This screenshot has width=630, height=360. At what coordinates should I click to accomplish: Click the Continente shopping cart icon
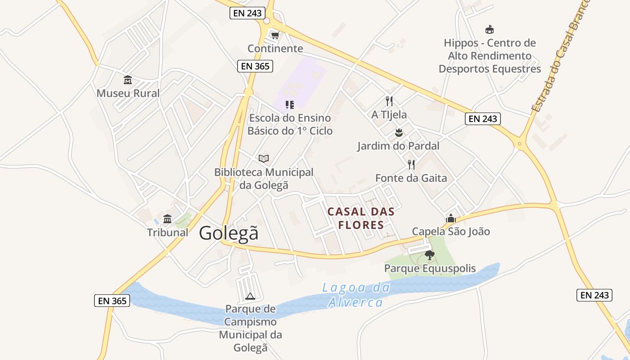275,35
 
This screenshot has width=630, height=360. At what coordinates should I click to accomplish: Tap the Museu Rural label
128,93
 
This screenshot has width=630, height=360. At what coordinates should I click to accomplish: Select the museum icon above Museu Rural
128,80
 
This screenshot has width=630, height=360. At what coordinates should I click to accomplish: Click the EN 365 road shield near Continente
255,66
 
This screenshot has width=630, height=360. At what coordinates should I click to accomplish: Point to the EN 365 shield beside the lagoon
112,301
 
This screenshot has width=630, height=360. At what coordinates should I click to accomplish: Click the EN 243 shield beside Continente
247,13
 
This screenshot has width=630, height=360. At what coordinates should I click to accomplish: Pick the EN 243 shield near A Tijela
482,119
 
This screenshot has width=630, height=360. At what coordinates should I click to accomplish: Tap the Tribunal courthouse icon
167,219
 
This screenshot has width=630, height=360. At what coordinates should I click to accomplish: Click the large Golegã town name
229,233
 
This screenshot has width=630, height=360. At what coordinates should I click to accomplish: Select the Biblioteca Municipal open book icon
264,158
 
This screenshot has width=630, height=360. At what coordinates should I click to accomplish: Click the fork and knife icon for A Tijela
389,101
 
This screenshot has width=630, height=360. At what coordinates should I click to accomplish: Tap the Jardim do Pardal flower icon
398,132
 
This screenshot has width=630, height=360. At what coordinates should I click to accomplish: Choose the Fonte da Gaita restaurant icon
411,165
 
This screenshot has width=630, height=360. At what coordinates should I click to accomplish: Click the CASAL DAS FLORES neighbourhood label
361,218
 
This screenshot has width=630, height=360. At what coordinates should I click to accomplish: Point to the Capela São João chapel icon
450,218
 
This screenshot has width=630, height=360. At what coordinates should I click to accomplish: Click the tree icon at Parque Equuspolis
430,255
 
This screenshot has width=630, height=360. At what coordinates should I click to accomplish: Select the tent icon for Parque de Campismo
250,296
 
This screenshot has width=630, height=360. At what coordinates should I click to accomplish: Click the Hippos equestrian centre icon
490,30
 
